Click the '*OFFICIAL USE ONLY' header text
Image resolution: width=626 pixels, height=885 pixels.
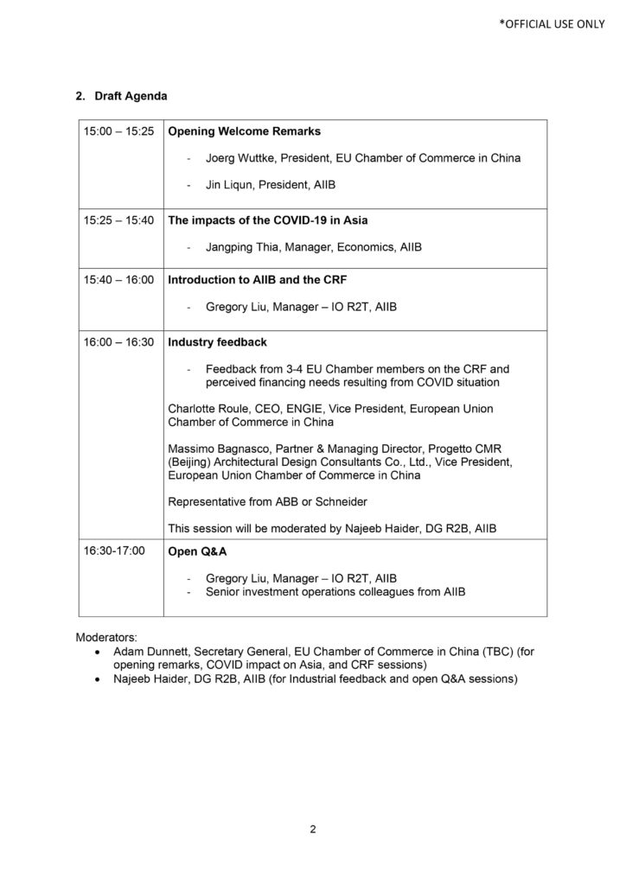point(551,24)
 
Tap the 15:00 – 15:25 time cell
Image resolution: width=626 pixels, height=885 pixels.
point(118,132)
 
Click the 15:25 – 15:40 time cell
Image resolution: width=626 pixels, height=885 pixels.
point(118,220)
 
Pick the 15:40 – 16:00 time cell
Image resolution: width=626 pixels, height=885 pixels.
point(118,281)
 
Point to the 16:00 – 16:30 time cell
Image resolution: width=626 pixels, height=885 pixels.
point(118,342)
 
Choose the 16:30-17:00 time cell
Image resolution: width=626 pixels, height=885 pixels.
point(115,551)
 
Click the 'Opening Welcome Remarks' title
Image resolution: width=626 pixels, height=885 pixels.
point(244,132)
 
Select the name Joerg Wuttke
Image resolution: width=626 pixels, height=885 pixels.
point(242,158)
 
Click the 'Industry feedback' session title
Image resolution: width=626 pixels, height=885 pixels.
point(217,342)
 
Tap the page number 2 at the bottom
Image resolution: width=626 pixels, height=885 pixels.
point(313,831)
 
